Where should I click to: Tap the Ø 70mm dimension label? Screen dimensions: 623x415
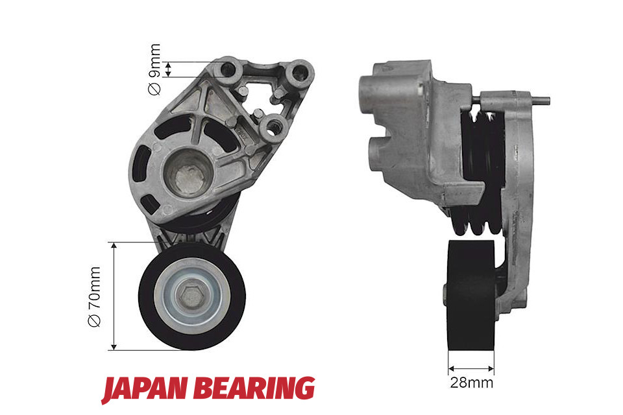tap(95, 296)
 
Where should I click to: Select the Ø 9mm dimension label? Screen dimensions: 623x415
tap(154, 69)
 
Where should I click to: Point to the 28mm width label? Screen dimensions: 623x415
tap(472, 383)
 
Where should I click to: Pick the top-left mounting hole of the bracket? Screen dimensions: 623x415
tap(229, 70)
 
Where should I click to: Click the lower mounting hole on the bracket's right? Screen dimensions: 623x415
tap(273, 126)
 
